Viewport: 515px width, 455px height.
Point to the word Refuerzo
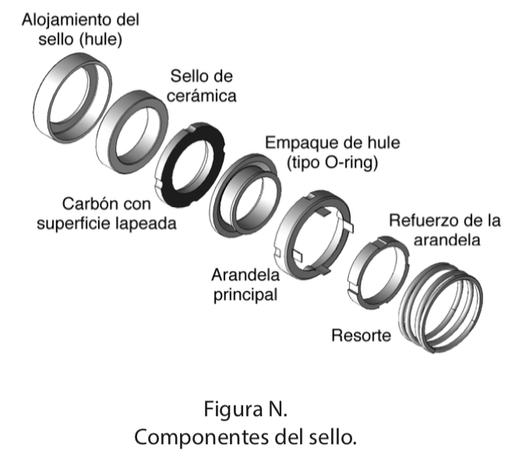[x=417, y=220]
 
